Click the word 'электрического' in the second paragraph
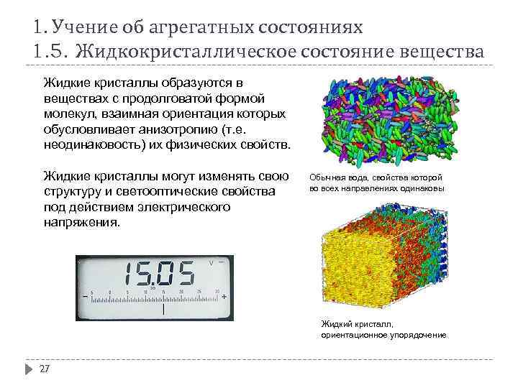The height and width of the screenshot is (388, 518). click(x=185, y=207)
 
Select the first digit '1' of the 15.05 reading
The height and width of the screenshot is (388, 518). click(x=129, y=274)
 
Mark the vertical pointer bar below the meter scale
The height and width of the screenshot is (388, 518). click(x=163, y=309)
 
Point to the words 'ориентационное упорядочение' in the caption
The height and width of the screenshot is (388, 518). click(x=383, y=336)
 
